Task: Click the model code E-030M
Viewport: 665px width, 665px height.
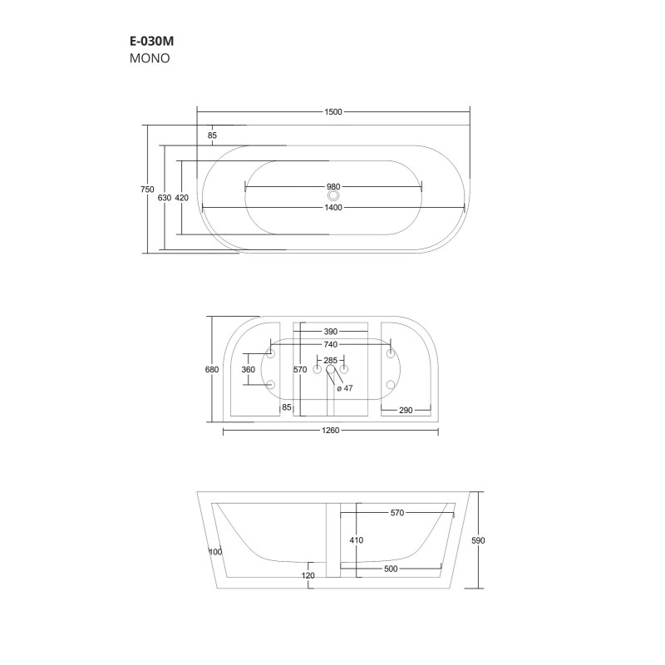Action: pyautogui.click(x=150, y=40)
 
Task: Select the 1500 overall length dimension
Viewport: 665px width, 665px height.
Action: pyautogui.click(x=333, y=112)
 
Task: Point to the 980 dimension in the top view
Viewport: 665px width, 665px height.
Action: pyautogui.click(x=333, y=186)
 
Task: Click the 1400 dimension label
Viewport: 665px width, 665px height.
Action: pyautogui.click(x=333, y=207)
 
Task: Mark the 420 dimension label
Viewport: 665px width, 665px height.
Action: pyautogui.click(x=183, y=198)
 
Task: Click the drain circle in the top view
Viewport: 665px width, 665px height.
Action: pyautogui.click(x=333, y=197)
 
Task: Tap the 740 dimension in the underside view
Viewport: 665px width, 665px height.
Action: pyautogui.click(x=330, y=344)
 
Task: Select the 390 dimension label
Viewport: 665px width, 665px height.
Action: pyautogui.click(x=330, y=331)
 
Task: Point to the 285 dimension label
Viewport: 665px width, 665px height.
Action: pyautogui.click(x=330, y=360)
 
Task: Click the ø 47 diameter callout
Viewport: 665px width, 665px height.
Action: pyautogui.click(x=343, y=388)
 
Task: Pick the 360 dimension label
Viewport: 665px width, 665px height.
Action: pyautogui.click(x=248, y=369)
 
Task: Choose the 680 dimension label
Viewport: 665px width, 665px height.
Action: pyautogui.click(x=212, y=369)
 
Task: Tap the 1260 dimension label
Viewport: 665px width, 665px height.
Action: pyautogui.click(x=332, y=431)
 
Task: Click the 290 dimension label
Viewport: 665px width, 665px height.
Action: pyautogui.click(x=406, y=410)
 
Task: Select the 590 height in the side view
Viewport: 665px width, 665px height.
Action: pyautogui.click(x=478, y=540)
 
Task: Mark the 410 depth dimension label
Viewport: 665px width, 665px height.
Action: pyautogui.click(x=357, y=540)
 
